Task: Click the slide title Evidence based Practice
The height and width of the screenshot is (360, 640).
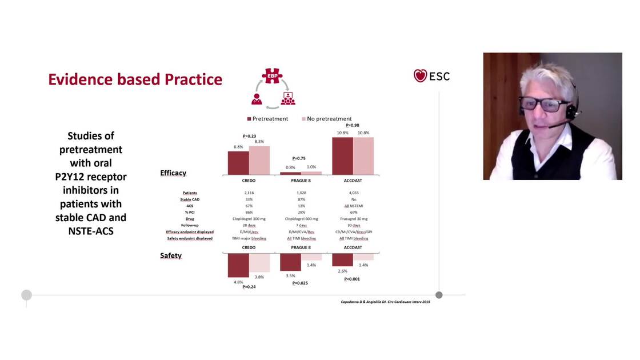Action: point(135,79)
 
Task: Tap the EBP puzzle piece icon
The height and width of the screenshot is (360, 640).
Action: point(272,76)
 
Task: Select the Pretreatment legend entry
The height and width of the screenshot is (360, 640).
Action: point(267,119)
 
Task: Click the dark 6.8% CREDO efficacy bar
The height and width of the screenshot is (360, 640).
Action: point(238,163)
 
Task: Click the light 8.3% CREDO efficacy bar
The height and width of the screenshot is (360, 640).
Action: point(259,160)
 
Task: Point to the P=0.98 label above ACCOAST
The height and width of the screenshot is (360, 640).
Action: point(353,125)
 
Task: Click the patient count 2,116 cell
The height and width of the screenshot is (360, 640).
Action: point(249,193)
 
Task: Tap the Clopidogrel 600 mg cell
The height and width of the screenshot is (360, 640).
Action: point(301,219)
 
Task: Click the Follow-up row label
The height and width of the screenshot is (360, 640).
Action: point(190,225)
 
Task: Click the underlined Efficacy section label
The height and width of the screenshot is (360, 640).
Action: point(173,173)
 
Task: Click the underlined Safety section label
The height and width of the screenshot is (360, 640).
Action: point(171,255)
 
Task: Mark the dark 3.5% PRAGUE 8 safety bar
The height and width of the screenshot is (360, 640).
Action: point(290,262)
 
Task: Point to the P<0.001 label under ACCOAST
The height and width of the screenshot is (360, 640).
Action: point(353,279)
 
